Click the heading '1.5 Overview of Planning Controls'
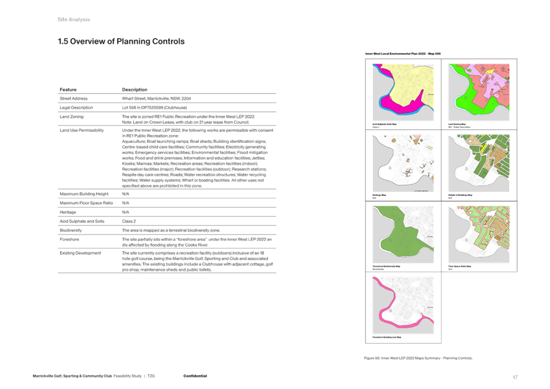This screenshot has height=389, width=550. tap(121, 41)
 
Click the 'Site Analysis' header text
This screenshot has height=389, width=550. tap(74, 20)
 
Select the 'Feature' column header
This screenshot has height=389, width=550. tap(69, 90)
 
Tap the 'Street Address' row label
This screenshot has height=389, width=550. tap(76, 99)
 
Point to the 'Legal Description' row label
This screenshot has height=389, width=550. tap(80, 108)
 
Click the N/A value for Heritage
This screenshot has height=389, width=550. tap(126, 212)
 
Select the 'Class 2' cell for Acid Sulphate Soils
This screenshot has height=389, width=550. tap(129, 221)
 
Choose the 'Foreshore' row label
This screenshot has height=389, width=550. tap(70, 239)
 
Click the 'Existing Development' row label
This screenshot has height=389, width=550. tap(81, 253)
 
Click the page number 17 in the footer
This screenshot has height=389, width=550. tap(515, 377)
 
